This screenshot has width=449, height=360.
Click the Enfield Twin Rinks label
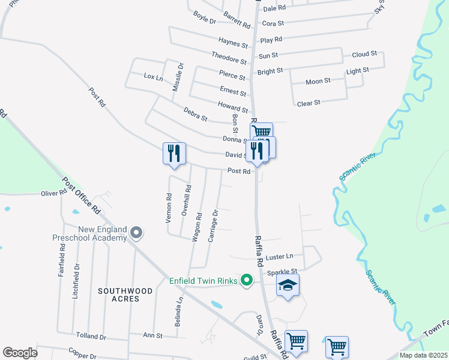click(x=203, y=280)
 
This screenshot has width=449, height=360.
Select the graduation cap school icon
click(x=288, y=286)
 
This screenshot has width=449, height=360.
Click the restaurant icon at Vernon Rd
click(x=174, y=153)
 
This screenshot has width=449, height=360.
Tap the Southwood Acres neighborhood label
click(x=125, y=295)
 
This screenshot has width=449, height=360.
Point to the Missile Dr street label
click(x=177, y=77)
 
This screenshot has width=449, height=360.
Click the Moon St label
click(x=318, y=81)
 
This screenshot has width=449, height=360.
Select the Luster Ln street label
click(x=279, y=256)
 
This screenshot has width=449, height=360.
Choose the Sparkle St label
click(x=282, y=272)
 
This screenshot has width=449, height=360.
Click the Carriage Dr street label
click(x=212, y=226)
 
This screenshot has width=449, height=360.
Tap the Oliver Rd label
click(x=53, y=193)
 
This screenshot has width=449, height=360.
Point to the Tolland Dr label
click(x=91, y=335)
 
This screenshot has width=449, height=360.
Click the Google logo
click(x=20, y=353)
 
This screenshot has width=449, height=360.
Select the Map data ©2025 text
click(x=423, y=355)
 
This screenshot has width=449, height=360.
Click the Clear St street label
click(x=309, y=103)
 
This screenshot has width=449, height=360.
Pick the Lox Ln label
click(x=153, y=77)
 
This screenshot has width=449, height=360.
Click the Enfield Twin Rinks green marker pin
click(x=246, y=280)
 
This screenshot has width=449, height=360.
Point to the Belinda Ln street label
click(x=178, y=312)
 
